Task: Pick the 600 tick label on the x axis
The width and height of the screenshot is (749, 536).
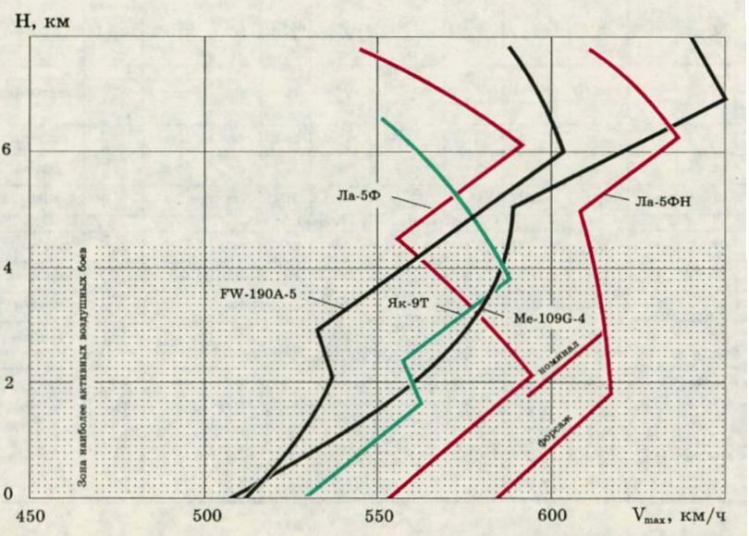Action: point(551,515)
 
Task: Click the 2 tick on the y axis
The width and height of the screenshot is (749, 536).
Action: point(8,381)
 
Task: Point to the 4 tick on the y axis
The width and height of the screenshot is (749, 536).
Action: point(8,268)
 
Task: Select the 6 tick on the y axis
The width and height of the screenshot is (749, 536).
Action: point(8,151)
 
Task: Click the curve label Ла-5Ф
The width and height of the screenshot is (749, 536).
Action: point(354,194)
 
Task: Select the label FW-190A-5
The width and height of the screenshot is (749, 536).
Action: point(257,295)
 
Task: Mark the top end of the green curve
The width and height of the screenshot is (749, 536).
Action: point(382,119)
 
